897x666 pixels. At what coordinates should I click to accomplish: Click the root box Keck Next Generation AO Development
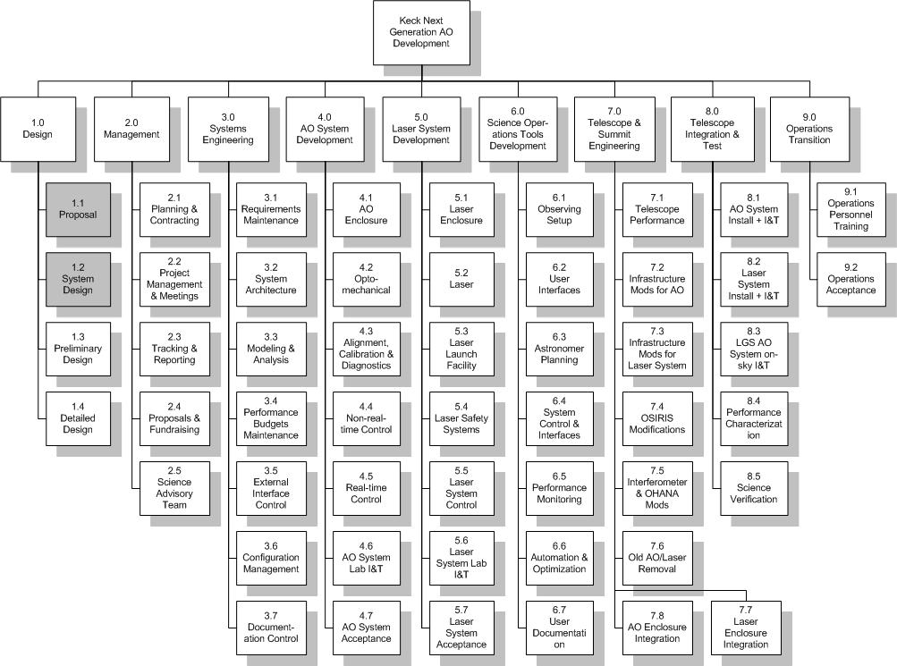coord(421,32)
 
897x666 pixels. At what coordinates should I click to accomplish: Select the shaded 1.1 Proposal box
coord(78,210)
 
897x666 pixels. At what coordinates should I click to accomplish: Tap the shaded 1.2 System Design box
coord(78,280)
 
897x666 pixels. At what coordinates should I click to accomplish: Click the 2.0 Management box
coord(131,130)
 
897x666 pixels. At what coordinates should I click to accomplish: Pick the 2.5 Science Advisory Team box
coord(174,489)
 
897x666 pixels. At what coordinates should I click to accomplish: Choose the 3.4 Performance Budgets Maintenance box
coord(271,419)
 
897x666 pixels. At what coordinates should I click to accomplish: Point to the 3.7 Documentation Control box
coord(271,628)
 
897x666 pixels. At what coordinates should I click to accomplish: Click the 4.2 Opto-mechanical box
coord(366,280)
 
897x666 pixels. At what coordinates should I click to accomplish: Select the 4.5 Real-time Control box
coord(366,489)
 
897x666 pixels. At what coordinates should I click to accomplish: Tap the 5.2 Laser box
coord(461,280)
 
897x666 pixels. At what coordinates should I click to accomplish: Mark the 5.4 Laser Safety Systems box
coord(461,419)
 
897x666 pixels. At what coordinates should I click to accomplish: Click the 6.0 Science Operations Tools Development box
coord(518,130)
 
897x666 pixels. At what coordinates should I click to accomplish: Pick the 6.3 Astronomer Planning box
coord(560,350)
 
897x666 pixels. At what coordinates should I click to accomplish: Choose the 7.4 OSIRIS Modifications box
coord(657,419)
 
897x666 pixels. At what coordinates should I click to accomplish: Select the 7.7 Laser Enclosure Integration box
coord(746,628)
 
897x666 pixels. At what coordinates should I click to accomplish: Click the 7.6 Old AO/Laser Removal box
coord(657,559)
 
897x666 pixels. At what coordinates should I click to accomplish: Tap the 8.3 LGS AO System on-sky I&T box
coord(754,350)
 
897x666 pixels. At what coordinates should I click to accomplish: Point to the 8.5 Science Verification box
coord(754,489)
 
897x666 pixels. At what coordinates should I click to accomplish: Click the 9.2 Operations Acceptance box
coord(851,280)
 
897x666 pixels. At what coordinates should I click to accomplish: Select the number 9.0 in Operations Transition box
coord(809,117)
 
